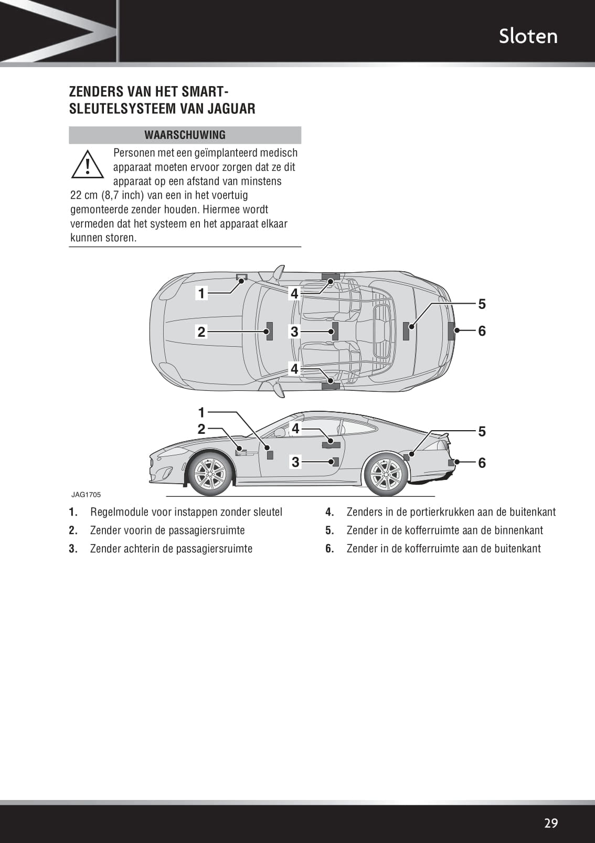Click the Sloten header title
(528, 36)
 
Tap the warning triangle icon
(88, 164)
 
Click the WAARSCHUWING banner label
(185, 135)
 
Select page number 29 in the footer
(551, 823)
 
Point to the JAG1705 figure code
(86, 495)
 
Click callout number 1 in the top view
(201, 293)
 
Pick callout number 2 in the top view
(201, 332)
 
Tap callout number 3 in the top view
(294, 332)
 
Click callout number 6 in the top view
(482, 331)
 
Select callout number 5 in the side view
(482, 432)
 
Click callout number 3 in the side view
(295, 462)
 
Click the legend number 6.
(330, 549)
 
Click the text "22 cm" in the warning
(84, 196)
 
